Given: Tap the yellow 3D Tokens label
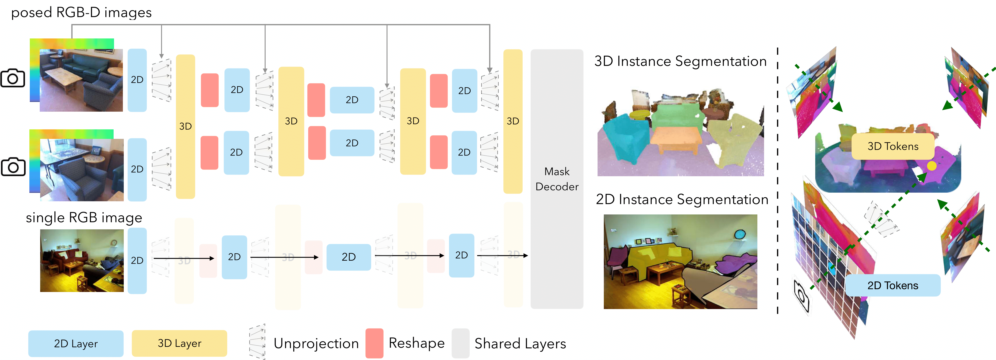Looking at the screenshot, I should (893, 146).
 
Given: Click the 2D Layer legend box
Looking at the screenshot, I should (76, 343).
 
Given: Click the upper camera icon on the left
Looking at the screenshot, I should (13, 78).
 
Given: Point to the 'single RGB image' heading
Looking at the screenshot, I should (84, 218).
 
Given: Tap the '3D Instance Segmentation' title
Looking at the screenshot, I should (680, 61).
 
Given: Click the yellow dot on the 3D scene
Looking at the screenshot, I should (932, 166).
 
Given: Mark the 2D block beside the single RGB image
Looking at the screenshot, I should (137, 260).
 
